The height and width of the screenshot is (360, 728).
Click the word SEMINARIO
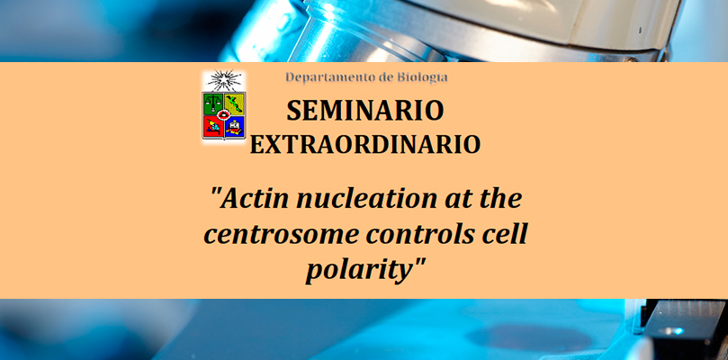click(365, 111)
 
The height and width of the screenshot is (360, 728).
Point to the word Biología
click(423, 77)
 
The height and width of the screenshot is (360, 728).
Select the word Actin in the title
click(250, 198)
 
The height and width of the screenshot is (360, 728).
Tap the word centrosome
click(281, 235)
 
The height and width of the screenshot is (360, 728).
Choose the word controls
click(419, 233)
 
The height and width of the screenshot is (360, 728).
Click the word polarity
click(359, 271)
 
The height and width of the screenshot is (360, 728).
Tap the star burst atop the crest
click(224, 80)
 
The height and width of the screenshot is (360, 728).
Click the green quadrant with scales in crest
click(213, 103)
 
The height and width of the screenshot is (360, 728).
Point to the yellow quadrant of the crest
click(235, 103)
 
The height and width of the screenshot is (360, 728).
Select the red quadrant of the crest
click(212, 126)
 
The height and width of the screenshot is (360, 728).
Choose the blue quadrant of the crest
click(235, 126)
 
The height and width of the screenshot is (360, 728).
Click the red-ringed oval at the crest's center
click(224, 114)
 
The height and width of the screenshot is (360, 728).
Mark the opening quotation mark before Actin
click(215, 192)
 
